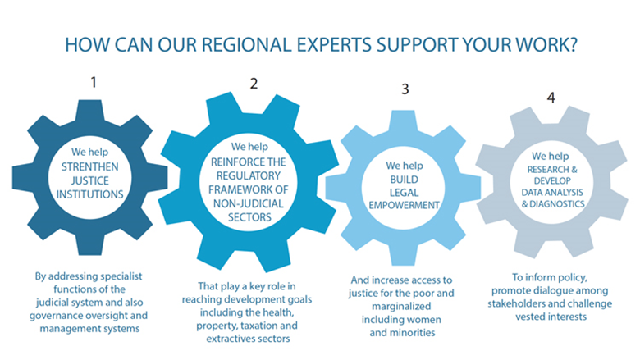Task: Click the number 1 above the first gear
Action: pos(94,82)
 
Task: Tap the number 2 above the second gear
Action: pos(254,84)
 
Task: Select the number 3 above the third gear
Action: pos(405,89)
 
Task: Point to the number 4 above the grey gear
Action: pos(551,98)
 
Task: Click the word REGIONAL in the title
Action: pos(246,45)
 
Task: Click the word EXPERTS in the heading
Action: pos(334,45)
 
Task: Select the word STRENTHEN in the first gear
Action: pos(89,166)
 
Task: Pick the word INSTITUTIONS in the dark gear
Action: pos(89,194)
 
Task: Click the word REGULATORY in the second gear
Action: pos(249,175)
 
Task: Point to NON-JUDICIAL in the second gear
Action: pos(248,203)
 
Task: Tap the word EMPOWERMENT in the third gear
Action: pos(404,205)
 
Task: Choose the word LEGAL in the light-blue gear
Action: pos(404,193)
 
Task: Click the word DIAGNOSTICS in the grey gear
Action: pos(557,204)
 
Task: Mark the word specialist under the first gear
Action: pos(121,276)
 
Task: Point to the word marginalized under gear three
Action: pos(401,306)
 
